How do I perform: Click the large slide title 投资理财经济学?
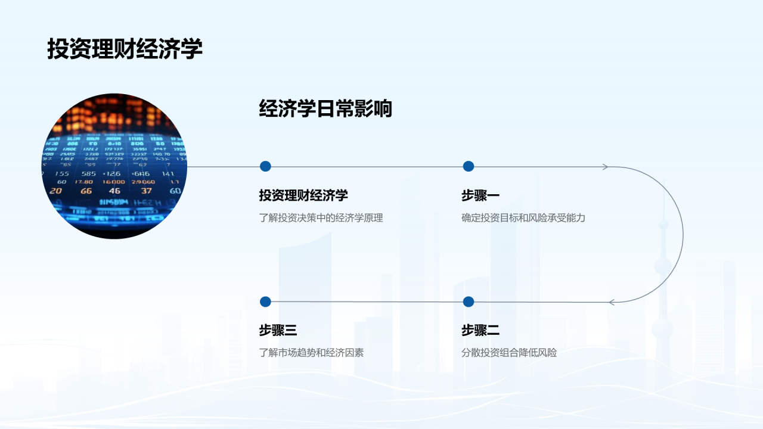click(125, 49)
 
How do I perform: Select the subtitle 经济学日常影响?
click(325, 109)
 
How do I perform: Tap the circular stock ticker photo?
click(114, 166)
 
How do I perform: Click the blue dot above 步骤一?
click(469, 166)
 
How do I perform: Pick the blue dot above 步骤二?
click(469, 302)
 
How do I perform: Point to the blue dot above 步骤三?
click(265, 302)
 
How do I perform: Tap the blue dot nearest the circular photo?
click(265, 166)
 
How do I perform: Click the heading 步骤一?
click(480, 195)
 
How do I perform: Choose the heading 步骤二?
click(480, 331)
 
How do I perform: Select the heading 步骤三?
click(277, 331)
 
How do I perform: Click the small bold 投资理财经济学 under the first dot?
click(303, 195)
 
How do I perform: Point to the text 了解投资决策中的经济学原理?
click(321, 218)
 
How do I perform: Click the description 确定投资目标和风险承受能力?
click(523, 218)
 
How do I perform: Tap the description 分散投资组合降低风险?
click(508, 353)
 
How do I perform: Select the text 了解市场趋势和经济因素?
click(311, 353)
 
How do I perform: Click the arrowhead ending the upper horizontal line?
click(606, 167)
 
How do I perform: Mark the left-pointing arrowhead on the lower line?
click(611, 302)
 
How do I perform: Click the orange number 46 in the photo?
click(114, 191)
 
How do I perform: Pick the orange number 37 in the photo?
click(146, 191)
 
